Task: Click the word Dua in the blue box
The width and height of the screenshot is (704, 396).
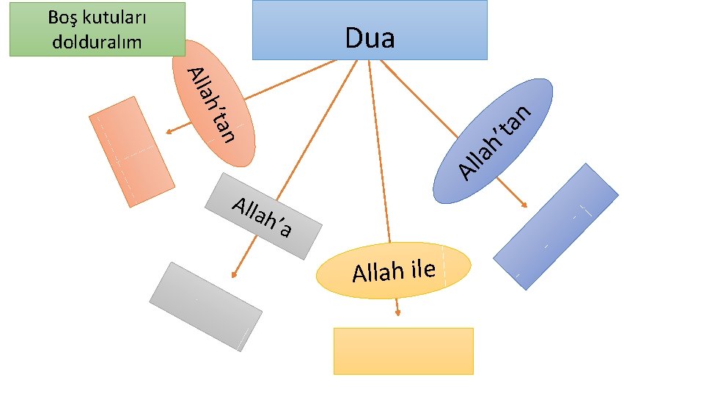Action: [x=370, y=38]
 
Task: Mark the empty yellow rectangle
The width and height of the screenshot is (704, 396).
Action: [x=403, y=351]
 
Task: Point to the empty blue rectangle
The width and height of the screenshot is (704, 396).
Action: [x=555, y=226]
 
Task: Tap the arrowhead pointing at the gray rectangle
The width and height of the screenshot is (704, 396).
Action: [x=233, y=275]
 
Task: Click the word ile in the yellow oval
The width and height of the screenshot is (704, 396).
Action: [x=423, y=270]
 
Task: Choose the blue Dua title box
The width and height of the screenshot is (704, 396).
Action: [x=370, y=29]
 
